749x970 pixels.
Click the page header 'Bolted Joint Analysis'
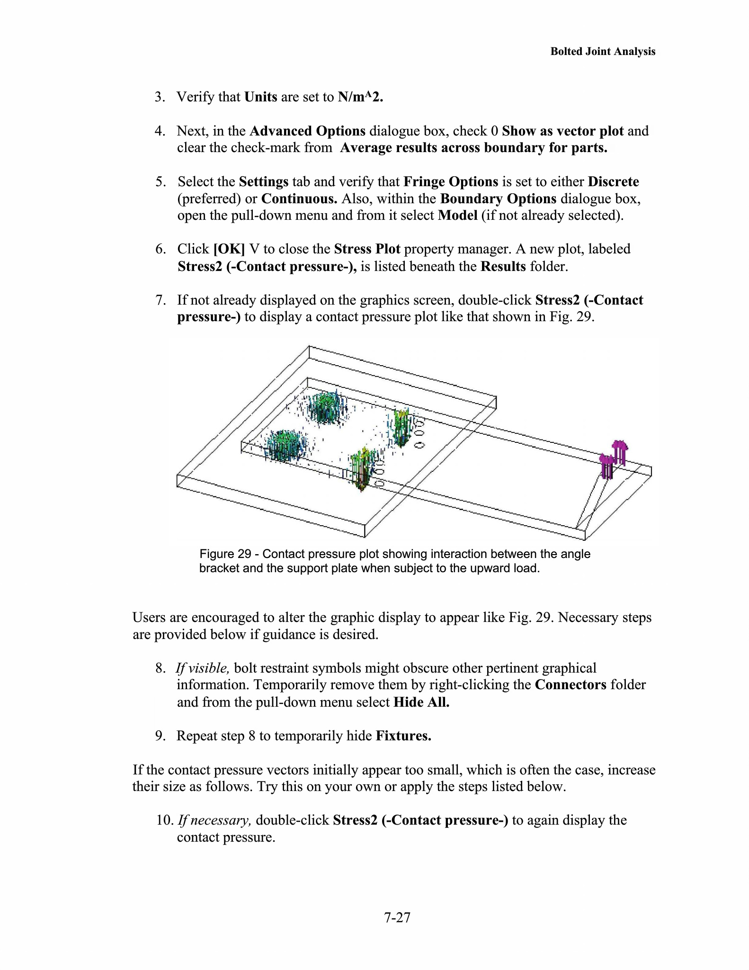point(602,52)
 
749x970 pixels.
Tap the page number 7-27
point(397,917)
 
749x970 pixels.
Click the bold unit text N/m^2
point(360,97)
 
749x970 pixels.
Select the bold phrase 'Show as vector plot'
point(562,131)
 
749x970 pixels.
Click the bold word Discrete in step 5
point(613,182)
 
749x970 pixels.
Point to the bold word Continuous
point(299,198)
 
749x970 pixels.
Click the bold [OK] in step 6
point(229,249)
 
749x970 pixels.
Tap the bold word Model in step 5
point(457,216)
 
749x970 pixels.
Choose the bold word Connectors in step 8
point(571,685)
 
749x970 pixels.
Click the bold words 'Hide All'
point(421,702)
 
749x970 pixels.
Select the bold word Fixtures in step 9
point(403,736)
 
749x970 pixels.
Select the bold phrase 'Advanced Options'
point(307,131)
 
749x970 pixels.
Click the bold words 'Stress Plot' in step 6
point(367,249)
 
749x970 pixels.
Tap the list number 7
point(160,300)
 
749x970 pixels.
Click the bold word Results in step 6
point(503,267)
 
